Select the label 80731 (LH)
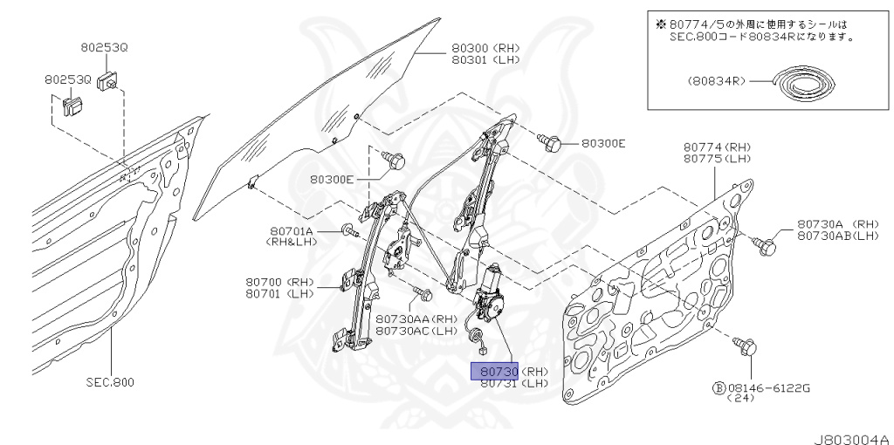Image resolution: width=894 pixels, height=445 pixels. [513, 383]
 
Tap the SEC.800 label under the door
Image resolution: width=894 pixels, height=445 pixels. [111, 382]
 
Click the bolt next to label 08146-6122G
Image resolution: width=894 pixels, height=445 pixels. [746, 346]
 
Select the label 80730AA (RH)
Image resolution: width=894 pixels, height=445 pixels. [416, 318]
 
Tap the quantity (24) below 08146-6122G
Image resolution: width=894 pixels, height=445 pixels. [745, 397]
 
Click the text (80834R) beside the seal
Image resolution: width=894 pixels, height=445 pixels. [715, 81]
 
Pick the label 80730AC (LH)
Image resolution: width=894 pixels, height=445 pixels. [416, 331]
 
